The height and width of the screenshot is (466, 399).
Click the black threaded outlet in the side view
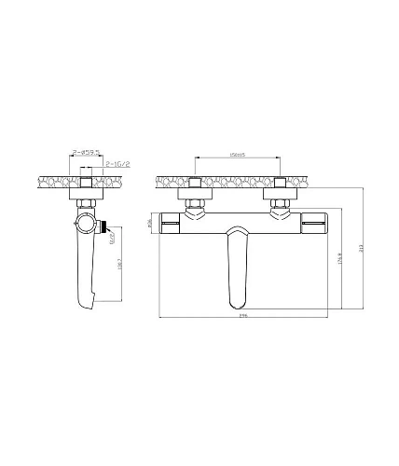[108, 225]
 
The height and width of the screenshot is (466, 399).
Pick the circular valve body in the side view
[86, 225]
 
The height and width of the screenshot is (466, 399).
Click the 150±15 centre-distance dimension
[236, 156]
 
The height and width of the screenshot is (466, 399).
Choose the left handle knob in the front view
[172, 223]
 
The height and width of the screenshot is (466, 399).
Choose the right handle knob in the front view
[315, 224]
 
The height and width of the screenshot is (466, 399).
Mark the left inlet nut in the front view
[195, 202]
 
